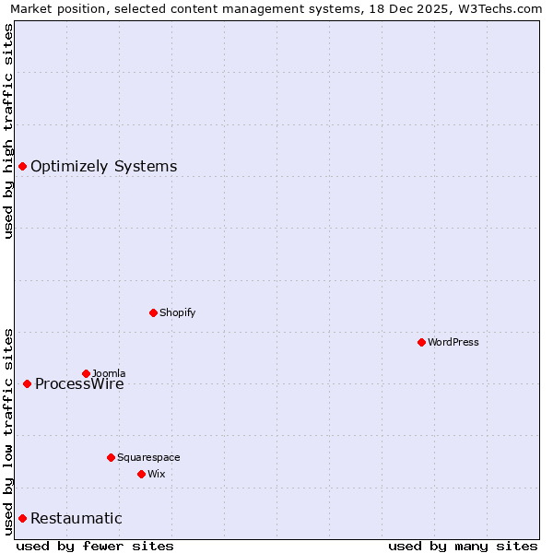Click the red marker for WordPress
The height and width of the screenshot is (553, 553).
(421, 342)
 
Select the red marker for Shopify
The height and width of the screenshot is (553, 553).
(153, 312)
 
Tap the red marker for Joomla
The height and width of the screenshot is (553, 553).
(86, 373)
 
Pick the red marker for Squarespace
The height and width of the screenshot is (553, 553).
(111, 457)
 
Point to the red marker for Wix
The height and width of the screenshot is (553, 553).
(141, 474)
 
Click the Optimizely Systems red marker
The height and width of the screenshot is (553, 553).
(22, 166)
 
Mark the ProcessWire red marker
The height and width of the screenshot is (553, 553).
(27, 383)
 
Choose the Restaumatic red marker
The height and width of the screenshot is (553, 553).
(22, 518)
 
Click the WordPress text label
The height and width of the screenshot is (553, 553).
(453, 342)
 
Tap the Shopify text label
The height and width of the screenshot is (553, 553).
(177, 312)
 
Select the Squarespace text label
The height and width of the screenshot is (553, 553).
(148, 457)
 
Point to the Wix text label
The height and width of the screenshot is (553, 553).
(156, 474)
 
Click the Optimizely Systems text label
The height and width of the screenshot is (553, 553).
(103, 166)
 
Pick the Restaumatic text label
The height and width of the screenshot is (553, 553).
(76, 518)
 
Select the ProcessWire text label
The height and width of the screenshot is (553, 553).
(79, 384)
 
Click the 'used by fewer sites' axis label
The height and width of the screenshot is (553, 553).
(95, 546)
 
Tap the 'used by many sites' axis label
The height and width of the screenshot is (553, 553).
(463, 546)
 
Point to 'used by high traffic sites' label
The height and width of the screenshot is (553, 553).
(8, 131)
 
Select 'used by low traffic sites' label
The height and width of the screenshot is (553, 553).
(8, 431)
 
